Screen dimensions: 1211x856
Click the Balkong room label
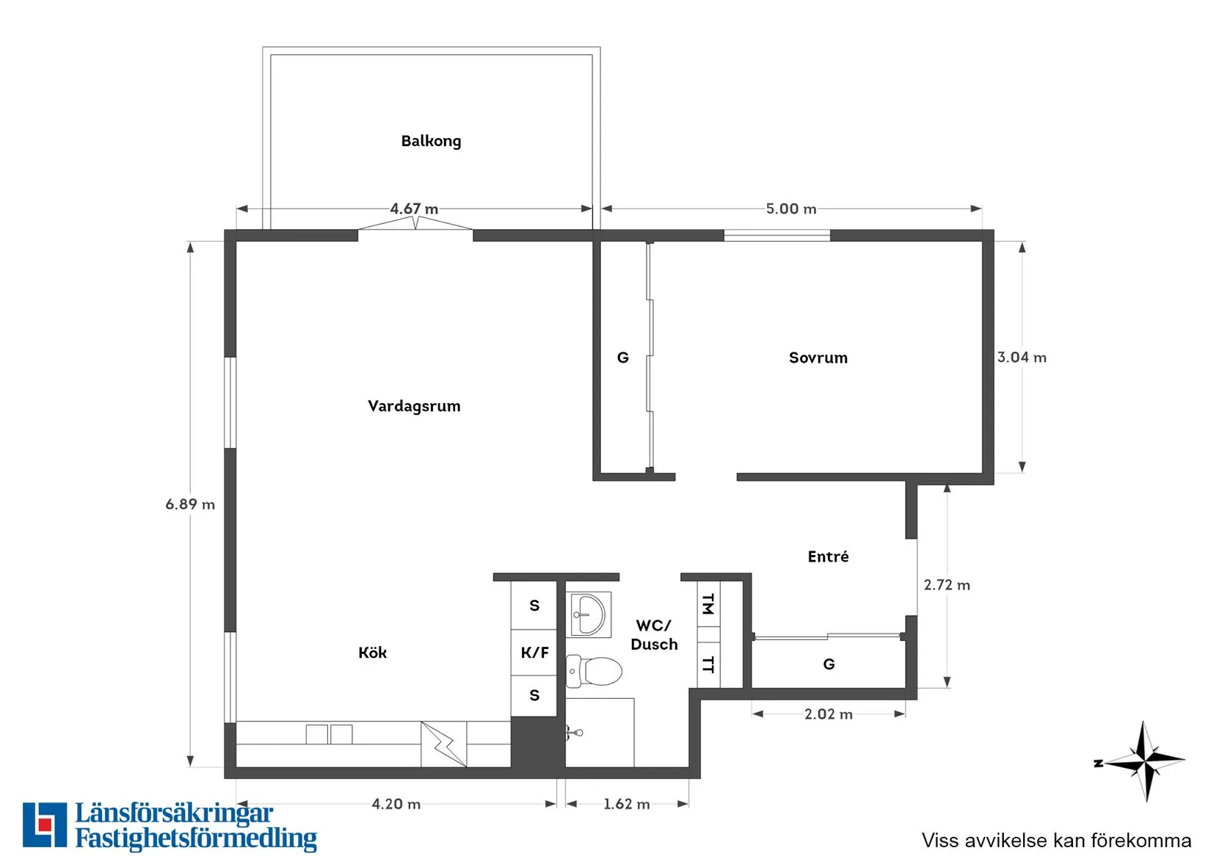[431, 142]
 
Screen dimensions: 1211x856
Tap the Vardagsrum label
[414, 407]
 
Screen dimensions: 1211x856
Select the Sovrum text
[818, 358]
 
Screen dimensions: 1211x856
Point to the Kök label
[373, 653]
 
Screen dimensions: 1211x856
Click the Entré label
[828, 556]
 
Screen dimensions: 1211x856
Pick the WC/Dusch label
[654, 635]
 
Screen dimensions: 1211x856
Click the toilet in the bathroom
[594, 671]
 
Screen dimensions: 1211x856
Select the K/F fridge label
[535, 653]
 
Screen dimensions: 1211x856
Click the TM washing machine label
[708, 604]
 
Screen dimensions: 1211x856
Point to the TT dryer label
[708, 664]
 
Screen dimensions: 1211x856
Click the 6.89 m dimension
[190, 504]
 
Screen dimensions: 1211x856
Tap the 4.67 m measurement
[414, 208]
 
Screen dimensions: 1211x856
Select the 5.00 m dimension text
[791, 208]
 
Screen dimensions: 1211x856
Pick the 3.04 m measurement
[1022, 358]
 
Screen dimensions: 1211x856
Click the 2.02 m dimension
[828, 714]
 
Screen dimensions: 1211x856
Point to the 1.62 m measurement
[627, 804]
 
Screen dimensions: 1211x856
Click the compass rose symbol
[1143, 761]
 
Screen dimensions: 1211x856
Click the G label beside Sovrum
[623, 358]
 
